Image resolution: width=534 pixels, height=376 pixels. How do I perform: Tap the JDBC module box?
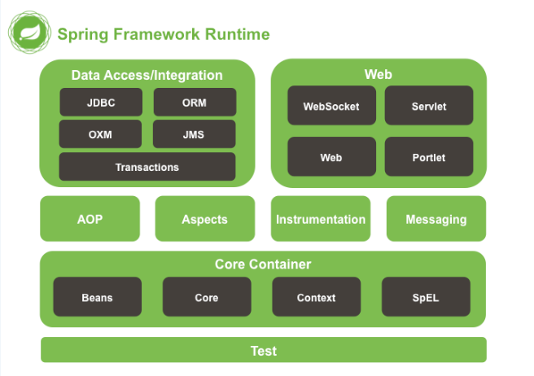pos(101,103)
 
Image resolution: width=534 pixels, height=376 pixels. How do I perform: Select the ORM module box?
pos(195,103)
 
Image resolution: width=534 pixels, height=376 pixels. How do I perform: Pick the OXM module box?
pos(100,134)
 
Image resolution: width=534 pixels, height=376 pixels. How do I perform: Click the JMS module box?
pos(195,134)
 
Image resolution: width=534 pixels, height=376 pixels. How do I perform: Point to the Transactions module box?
pos(147,167)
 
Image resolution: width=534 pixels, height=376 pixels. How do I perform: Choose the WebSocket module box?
pos(331,106)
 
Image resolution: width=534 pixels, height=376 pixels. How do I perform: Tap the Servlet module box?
pos(428,106)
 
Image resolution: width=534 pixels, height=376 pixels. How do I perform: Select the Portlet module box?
pos(428,157)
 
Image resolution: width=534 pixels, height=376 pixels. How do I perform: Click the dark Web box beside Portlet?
pos(331,157)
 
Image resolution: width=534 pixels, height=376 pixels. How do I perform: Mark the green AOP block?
pos(90,219)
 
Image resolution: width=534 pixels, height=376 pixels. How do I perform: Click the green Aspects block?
pos(204,219)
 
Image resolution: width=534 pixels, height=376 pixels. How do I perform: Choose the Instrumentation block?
pos(321,219)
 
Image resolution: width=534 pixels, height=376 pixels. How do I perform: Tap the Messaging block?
pos(436,219)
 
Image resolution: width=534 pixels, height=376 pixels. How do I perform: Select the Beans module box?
pos(98,297)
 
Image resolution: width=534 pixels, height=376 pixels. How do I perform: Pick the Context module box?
pos(316,297)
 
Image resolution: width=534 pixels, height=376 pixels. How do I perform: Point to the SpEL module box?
pos(426,297)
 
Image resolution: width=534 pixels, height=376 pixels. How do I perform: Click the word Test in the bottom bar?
pos(264,351)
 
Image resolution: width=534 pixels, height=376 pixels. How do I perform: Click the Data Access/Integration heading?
pos(147,75)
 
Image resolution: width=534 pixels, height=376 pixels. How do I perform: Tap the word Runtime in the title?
pos(237,35)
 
